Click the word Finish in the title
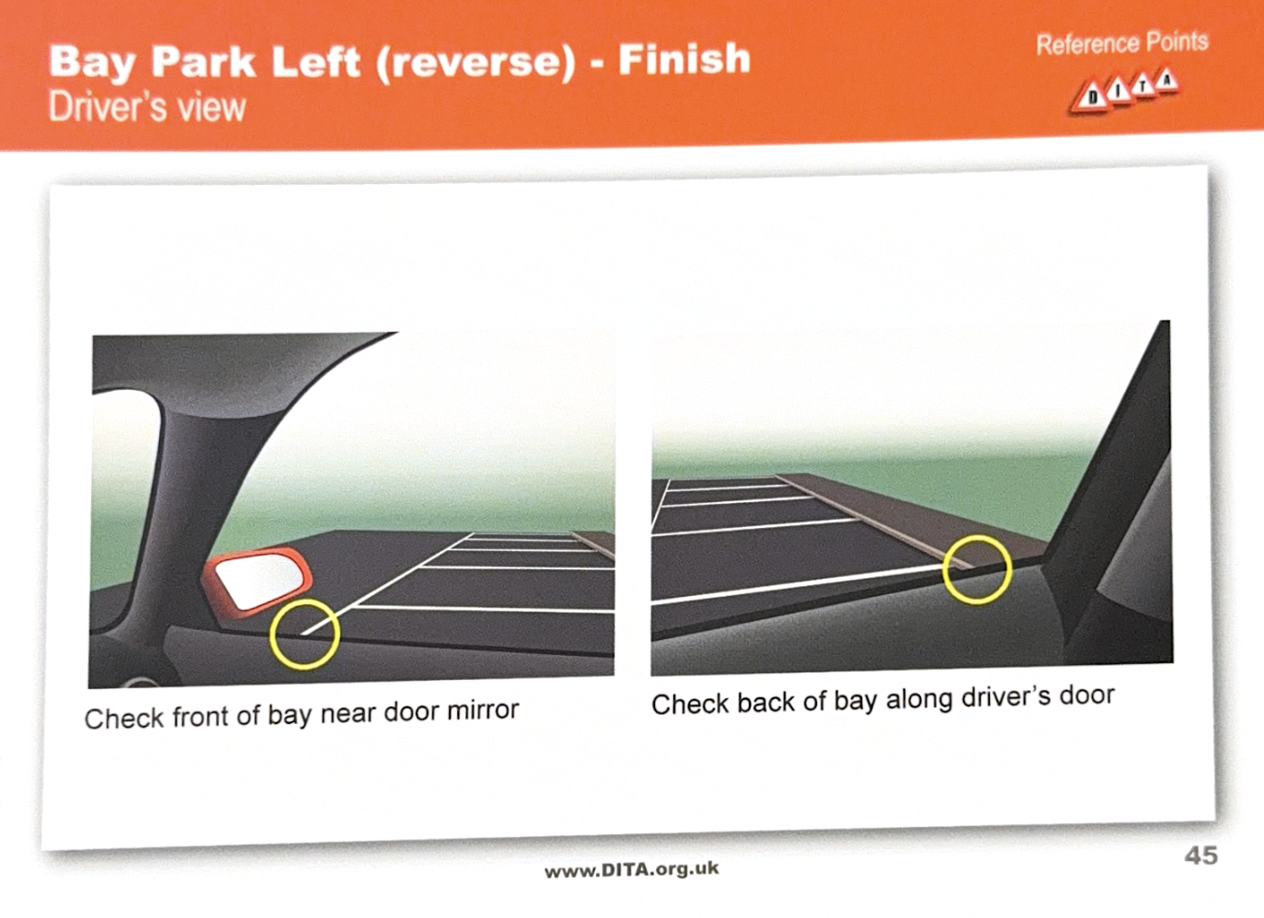pyautogui.click(x=684, y=58)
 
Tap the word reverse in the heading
pyautogui.click(x=476, y=61)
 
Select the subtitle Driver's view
pyautogui.click(x=147, y=107)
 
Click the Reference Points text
pyautogui.click(x=1121, y=43)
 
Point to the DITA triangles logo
pyautogui.click(x=1124, y=93)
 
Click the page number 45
pyautogui.click(x=1201, y=856)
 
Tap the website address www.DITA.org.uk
pyautogui.click(x=632, y=869)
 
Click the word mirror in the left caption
pyautogui.click(x=483, y=710)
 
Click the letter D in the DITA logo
pyautogui.click(x=1093, y=98)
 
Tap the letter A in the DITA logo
pyautogui.click(x=1166, y=82)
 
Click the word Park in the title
pyautogui.click(x=203, y=62)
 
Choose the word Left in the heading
pyautogui.click(x=316, y=61)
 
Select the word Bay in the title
pyautogui.click(x=93, y=63)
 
